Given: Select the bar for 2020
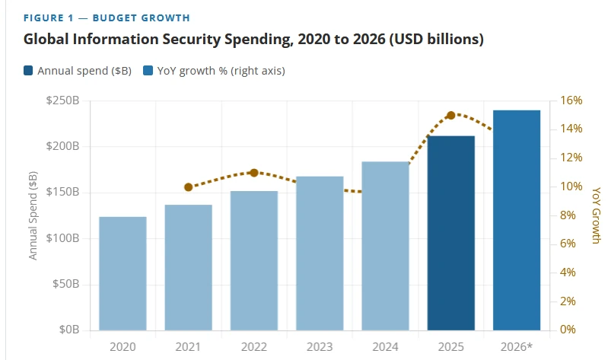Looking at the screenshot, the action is (x=123, y=273).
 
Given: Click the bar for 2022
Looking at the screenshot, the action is (x=254, y=260).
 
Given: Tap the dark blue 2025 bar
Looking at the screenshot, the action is (x=451, y=233).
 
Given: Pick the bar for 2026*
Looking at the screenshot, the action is (x=517, y=220).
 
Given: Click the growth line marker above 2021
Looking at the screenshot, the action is (x=189, y=187).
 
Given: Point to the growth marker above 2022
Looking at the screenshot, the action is (x=254, y=173).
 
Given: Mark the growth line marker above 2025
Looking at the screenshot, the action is (x=451, y=116).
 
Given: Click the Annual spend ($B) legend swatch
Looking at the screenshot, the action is (x=28, y=71).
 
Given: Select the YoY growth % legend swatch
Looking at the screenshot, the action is (x=148, y=71).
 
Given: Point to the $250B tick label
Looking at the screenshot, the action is (x=62, y=100).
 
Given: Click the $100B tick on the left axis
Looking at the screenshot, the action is (x=62, y=238).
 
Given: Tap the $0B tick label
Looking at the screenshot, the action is (x=69, y=330).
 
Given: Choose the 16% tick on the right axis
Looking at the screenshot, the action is (x=571, y=100).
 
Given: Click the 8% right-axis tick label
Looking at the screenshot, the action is (x=568, y=215).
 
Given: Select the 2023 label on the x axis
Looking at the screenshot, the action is (x=320, y=347).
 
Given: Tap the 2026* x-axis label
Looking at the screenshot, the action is (x=517, y=347).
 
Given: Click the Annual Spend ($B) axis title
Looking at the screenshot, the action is (x=33, y=215).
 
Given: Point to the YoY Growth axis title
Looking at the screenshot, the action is (x=597, y=215).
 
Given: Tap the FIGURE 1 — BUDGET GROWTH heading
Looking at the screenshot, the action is (x=107, y=18).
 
